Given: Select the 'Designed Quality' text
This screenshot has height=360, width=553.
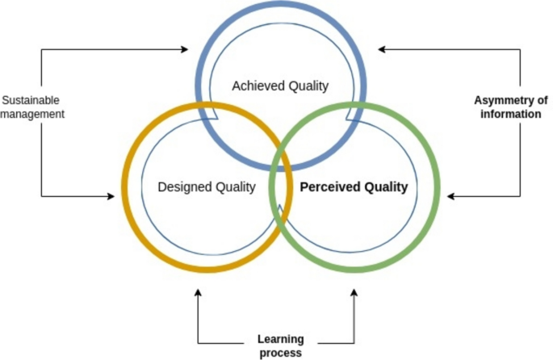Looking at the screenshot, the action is (207, 187).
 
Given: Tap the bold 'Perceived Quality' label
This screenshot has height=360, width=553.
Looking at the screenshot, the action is (354, 187).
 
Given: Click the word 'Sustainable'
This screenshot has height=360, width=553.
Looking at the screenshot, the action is (31, 100).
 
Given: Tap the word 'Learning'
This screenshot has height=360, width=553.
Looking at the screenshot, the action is (279, 339).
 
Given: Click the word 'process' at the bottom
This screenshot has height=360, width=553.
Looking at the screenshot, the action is (279, 353).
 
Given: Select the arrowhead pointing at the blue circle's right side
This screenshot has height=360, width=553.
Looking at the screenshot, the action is (382, 50).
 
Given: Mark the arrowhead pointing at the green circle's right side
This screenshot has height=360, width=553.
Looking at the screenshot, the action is (452, 195).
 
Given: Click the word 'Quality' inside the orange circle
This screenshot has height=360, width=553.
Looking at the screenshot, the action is (236, 187).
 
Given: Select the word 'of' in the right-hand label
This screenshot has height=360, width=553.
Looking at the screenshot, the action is (542, 100).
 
